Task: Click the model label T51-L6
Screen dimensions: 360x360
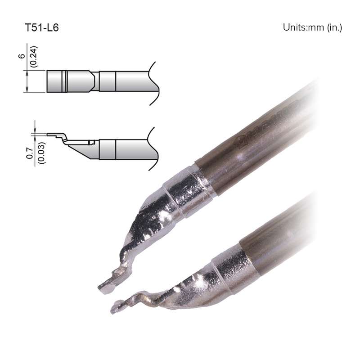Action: click(41, 27)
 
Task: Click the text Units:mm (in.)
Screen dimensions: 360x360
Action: click(312, 27)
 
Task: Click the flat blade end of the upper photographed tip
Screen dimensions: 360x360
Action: click(107, 286)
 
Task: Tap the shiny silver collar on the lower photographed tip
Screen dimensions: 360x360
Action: click(234, 270)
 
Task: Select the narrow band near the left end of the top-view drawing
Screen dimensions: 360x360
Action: click(66, 81)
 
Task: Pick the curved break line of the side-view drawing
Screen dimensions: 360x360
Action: click(153, 148)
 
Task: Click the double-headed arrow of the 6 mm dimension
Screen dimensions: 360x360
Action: click(28, 81)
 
